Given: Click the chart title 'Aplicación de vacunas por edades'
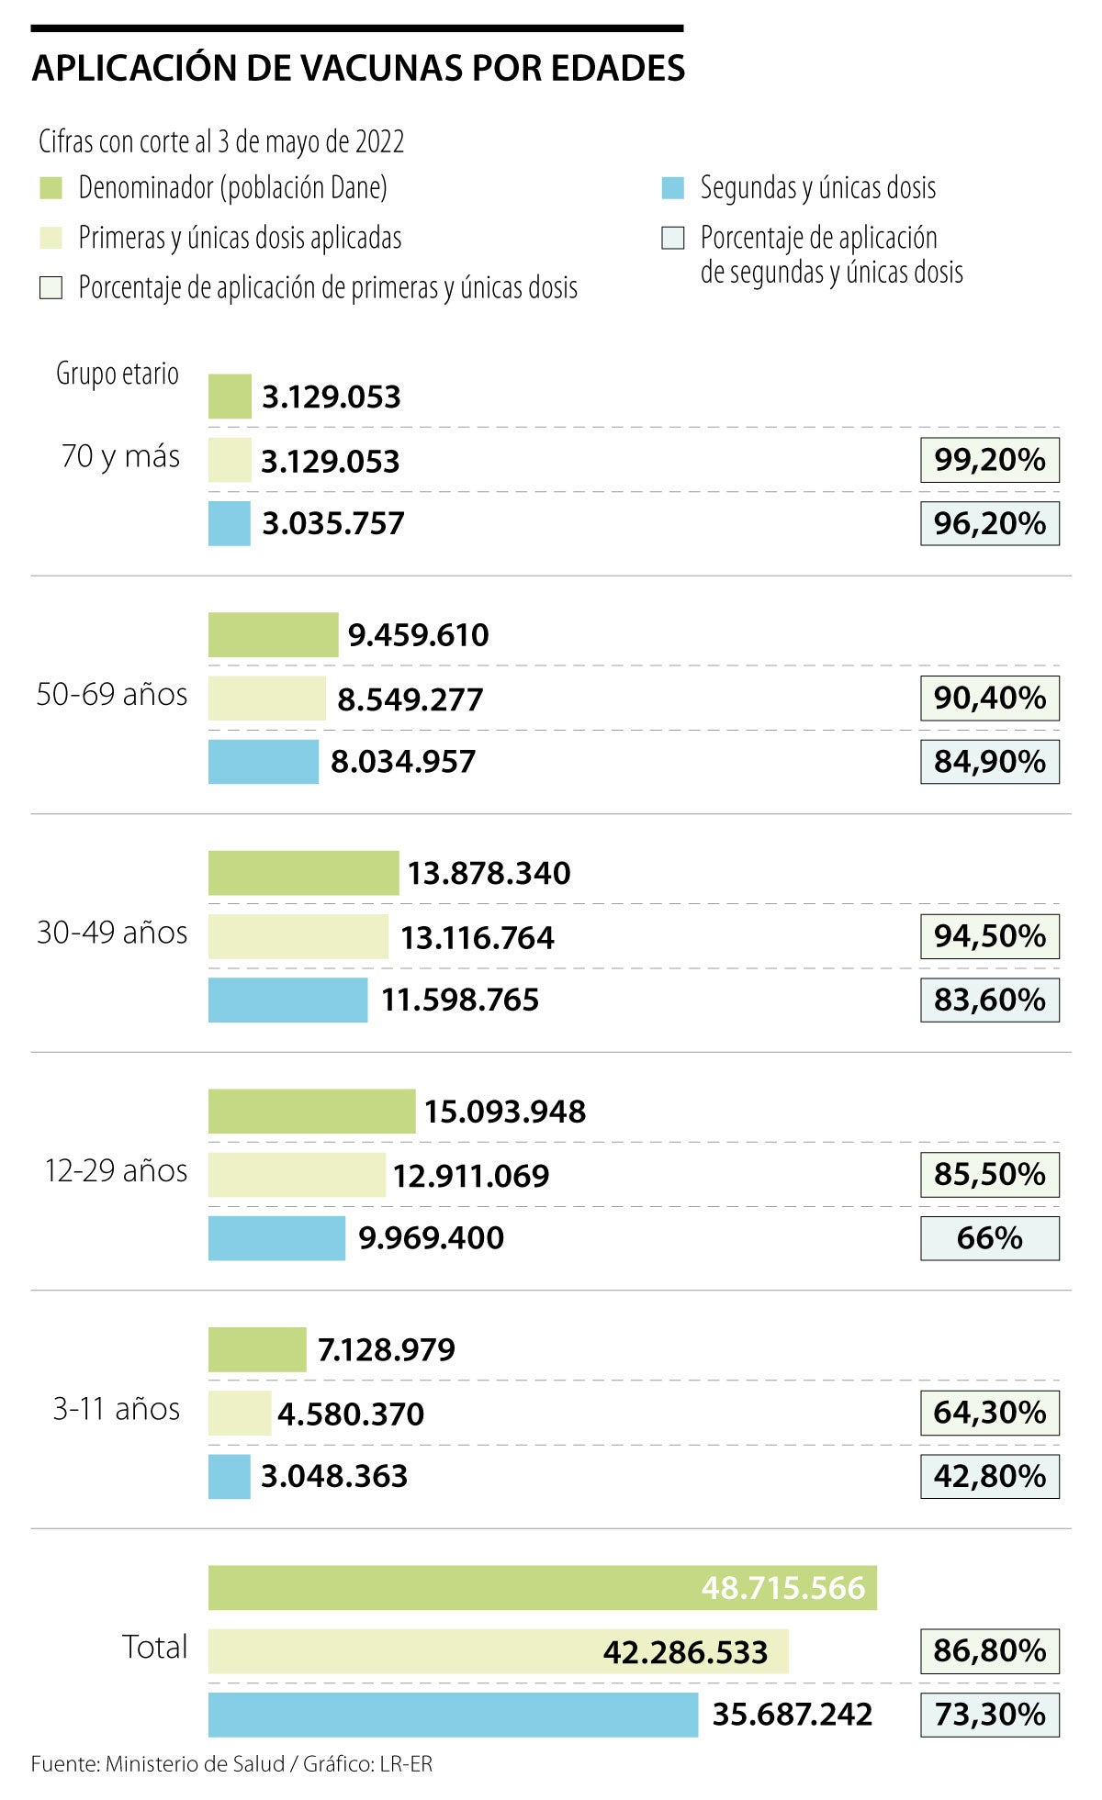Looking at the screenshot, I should pos(358,69).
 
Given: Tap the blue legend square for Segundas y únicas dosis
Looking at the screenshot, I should pos(673,188).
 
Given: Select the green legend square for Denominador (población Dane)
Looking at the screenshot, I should pos(51,188).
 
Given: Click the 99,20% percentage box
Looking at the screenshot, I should pos(989,460).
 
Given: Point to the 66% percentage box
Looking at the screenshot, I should pos(989,1238).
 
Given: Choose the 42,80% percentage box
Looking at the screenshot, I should pos(989,1476).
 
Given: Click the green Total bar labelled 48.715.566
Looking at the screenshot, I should pos(542,1587).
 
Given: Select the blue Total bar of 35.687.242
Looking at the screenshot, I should pos(453,1714).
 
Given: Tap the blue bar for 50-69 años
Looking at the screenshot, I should pos(264,762).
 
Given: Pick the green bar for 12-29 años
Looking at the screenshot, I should pos(311,1111).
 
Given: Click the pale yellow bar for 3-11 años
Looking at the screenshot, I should pos(240,1413).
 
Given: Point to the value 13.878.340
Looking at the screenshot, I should pos(489,873).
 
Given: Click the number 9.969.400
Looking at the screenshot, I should pos(431,1238).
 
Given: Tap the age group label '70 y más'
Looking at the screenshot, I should pos(120,456).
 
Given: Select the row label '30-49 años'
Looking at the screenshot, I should pos(112,933).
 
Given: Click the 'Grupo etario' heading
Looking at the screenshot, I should pos(118,374).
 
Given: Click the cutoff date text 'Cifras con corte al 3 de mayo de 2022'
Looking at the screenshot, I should pos(221,141).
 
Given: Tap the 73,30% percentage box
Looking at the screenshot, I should pos(989,1714).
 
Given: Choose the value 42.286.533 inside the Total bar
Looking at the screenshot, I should pos(685,1652).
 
